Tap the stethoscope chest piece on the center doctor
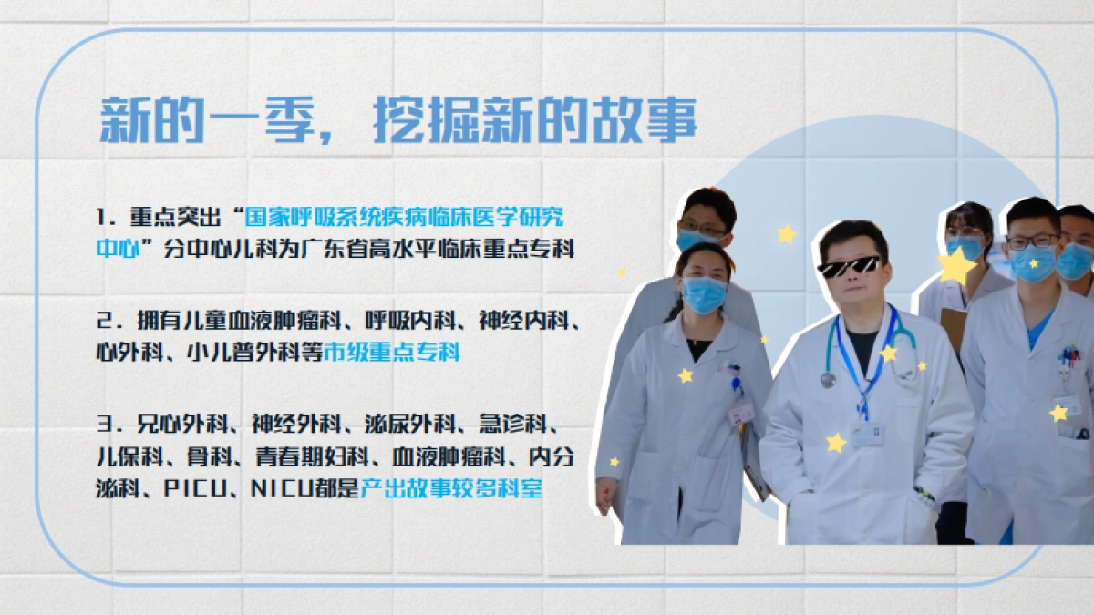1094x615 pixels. (828, 379)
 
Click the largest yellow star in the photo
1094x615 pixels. (956, 266)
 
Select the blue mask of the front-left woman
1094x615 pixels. (704, 293)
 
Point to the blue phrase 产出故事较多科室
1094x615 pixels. (451, 488)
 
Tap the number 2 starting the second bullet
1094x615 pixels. (103, 322)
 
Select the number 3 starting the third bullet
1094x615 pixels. (103, 425)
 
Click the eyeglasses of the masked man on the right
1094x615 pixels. (1032, 241)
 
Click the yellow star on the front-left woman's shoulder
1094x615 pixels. (685, 374)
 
